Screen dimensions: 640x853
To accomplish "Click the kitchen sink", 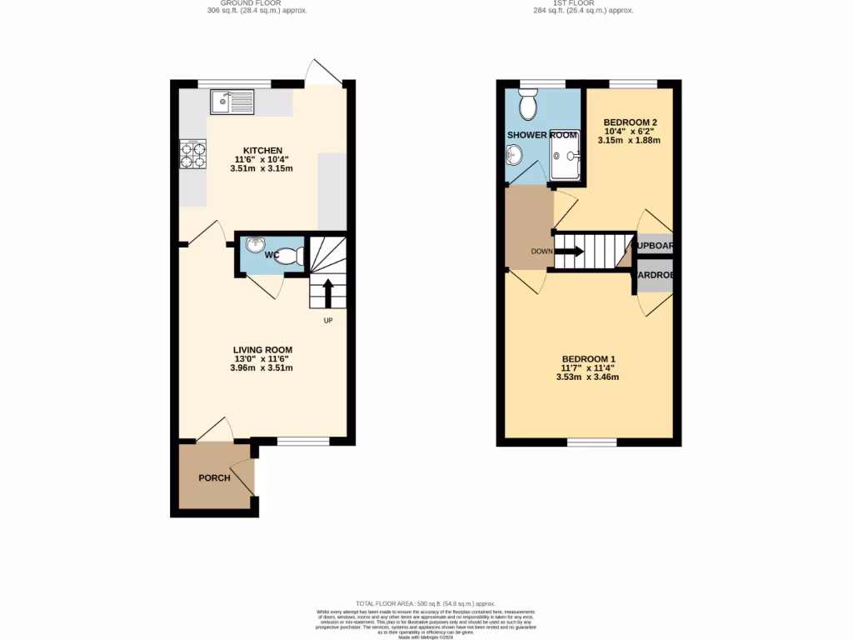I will tap(232, 102).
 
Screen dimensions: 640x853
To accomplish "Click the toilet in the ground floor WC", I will tap(289, 257).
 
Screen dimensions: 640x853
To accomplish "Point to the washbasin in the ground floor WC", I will tap(254, 245).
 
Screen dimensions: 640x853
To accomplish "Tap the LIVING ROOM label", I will tap(262, 349).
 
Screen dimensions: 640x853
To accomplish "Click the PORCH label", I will tap(214, 477).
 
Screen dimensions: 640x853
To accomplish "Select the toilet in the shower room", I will tap(527, 107).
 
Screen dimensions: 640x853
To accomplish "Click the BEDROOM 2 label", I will tap(631, 122).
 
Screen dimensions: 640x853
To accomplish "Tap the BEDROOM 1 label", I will tap(587, 358).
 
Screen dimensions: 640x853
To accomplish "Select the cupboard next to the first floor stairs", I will tap(654, 246).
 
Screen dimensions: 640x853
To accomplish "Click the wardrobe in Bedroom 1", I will tap(654, 276).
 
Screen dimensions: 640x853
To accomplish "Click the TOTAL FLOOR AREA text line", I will tap(426, 603).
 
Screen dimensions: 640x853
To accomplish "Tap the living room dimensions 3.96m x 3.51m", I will tap(262, 367).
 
